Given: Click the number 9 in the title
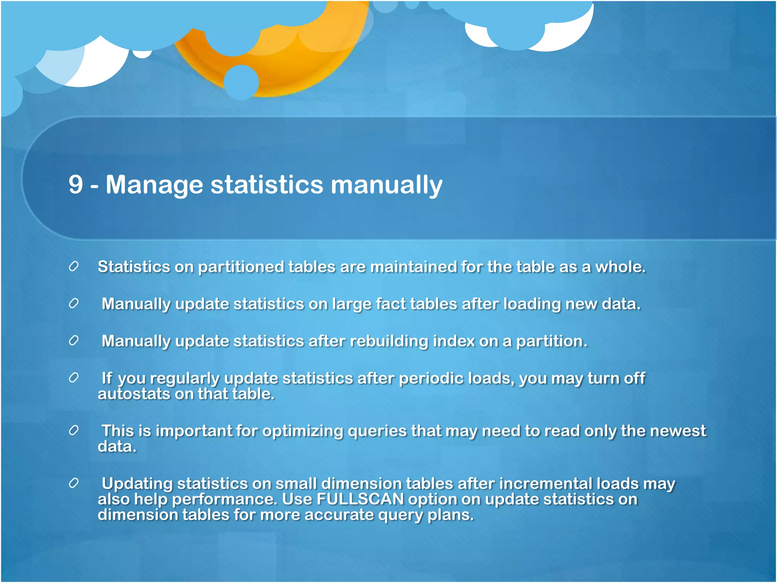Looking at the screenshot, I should (76, 185).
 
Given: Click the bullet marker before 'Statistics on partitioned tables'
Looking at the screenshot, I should (74, 266).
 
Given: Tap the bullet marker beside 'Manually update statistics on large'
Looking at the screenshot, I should (74, 304).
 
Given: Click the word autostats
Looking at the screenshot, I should (134, 394).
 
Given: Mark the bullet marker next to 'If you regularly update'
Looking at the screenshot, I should (74, 378).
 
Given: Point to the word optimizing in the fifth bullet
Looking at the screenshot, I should (302, 431).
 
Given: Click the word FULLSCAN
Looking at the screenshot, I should (360, 499).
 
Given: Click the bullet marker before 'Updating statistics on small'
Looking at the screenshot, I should (74, 483).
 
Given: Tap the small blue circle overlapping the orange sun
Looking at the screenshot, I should (241, 82).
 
